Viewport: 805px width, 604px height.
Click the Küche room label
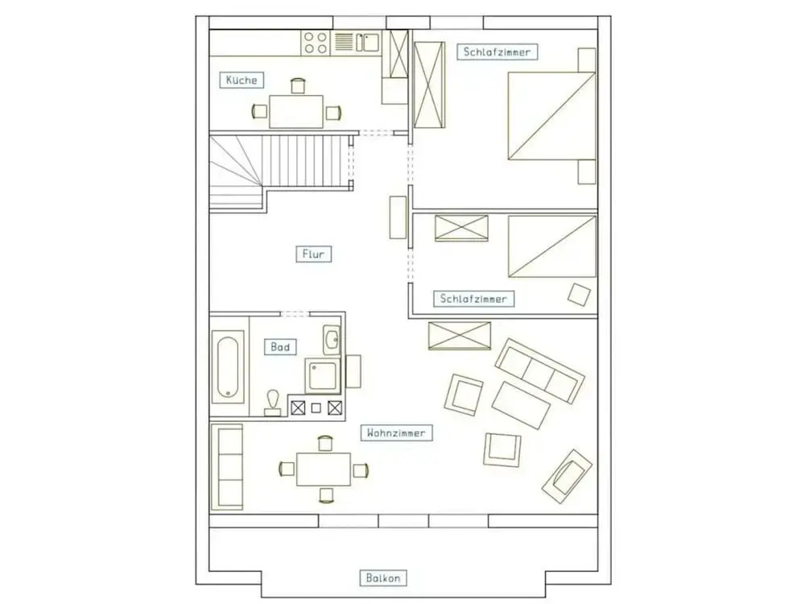[x=242, y=80]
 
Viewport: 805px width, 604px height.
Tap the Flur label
[x=313, y=254]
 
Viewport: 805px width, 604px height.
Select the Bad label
[x=280, y=347]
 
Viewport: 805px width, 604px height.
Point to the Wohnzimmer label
[x=396, y=433]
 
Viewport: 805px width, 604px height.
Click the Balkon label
[x=383, y=577]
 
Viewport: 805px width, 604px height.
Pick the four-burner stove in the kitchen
[x=316, y=43]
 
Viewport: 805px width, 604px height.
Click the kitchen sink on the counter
[x=368, y=42]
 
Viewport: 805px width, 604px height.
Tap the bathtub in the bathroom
[x=228, y=366]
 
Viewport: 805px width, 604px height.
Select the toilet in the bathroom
[x=273, y=402]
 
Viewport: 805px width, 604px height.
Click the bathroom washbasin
[x=332, y=339]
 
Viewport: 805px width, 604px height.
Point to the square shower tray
[x=323, y=374]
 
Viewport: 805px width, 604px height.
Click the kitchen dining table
[x=296, y=111]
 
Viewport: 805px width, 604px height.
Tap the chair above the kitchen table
[x=298, y=86]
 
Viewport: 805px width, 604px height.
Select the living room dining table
[x=324, y=469]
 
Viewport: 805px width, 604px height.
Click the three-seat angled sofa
[x=539, y=370]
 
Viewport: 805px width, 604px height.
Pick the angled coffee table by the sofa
[x=521, y=405]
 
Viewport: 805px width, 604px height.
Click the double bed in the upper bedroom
[x=551, y=115]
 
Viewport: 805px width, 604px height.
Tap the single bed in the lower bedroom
[x=552, y=246]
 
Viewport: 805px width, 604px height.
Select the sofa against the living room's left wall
[x=227, y=467]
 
